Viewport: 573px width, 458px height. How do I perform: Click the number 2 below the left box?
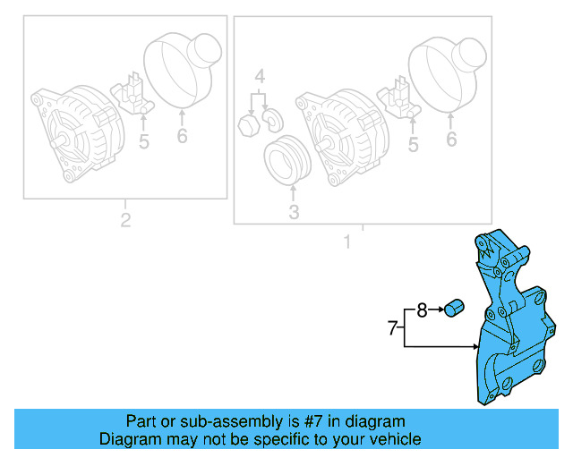125,220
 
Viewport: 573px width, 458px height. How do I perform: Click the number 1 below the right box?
347,242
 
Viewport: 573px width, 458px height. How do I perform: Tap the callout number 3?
294,212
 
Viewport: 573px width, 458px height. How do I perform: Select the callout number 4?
259,77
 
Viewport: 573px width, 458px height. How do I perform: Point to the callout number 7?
391,328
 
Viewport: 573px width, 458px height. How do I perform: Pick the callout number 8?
423,310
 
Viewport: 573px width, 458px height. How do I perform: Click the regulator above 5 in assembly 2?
134,94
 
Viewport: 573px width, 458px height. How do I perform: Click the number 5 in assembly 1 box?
413,144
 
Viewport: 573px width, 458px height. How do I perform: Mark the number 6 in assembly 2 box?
182,137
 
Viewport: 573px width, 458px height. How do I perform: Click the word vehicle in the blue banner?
389,439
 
